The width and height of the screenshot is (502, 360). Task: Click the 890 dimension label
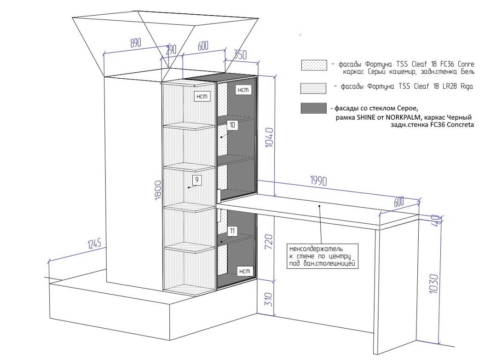click(135, 43)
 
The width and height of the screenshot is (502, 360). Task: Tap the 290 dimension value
click(171, 50)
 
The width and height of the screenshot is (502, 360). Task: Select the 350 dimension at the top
click(240, 55)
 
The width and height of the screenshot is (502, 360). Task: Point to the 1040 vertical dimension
click(269, 137)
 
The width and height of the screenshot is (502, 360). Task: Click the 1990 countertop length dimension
click(318, 181)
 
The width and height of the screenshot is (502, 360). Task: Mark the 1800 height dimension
click(158, 190)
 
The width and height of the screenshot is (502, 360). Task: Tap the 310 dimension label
click(269, 299)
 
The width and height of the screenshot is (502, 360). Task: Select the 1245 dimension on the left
click(94, 244)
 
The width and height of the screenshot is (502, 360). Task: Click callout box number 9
click(196, 180)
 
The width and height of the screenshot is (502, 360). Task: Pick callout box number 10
click(232, 125)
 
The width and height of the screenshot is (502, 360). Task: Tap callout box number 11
click(232, 231)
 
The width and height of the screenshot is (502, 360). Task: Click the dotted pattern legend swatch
click(314, 65)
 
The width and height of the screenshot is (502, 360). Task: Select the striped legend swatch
click(313, 88)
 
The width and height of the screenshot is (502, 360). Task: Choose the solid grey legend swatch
click(313, 108)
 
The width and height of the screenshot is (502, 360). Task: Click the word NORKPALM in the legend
click(403, 117)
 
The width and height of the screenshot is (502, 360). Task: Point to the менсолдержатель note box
click(322, 256)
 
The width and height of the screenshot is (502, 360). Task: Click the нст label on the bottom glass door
click(244, 271)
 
